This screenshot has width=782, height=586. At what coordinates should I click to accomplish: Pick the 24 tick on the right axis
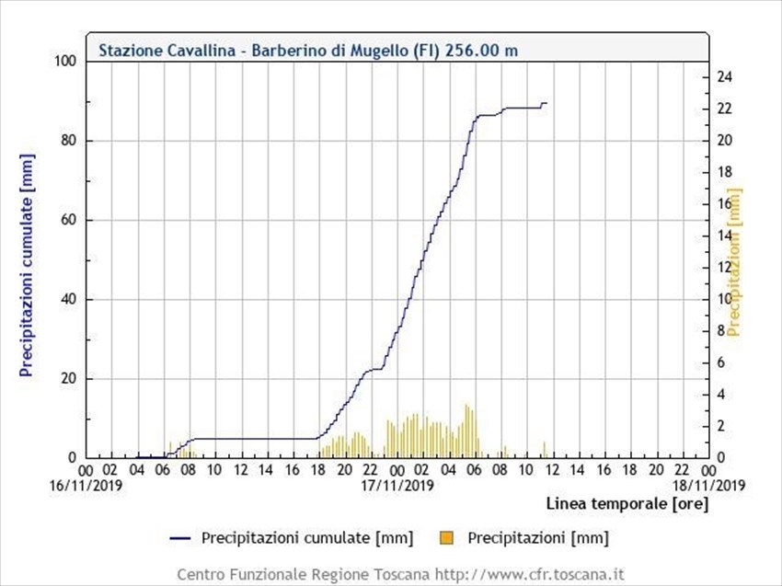point(724,77)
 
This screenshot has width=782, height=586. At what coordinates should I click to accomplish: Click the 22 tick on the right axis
point(724,109)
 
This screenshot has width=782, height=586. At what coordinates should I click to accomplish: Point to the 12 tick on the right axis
point(724,267)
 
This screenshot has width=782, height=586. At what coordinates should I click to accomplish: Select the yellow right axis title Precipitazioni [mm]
point(734,263)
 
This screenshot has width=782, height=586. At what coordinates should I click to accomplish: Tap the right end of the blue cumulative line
point(546,103)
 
